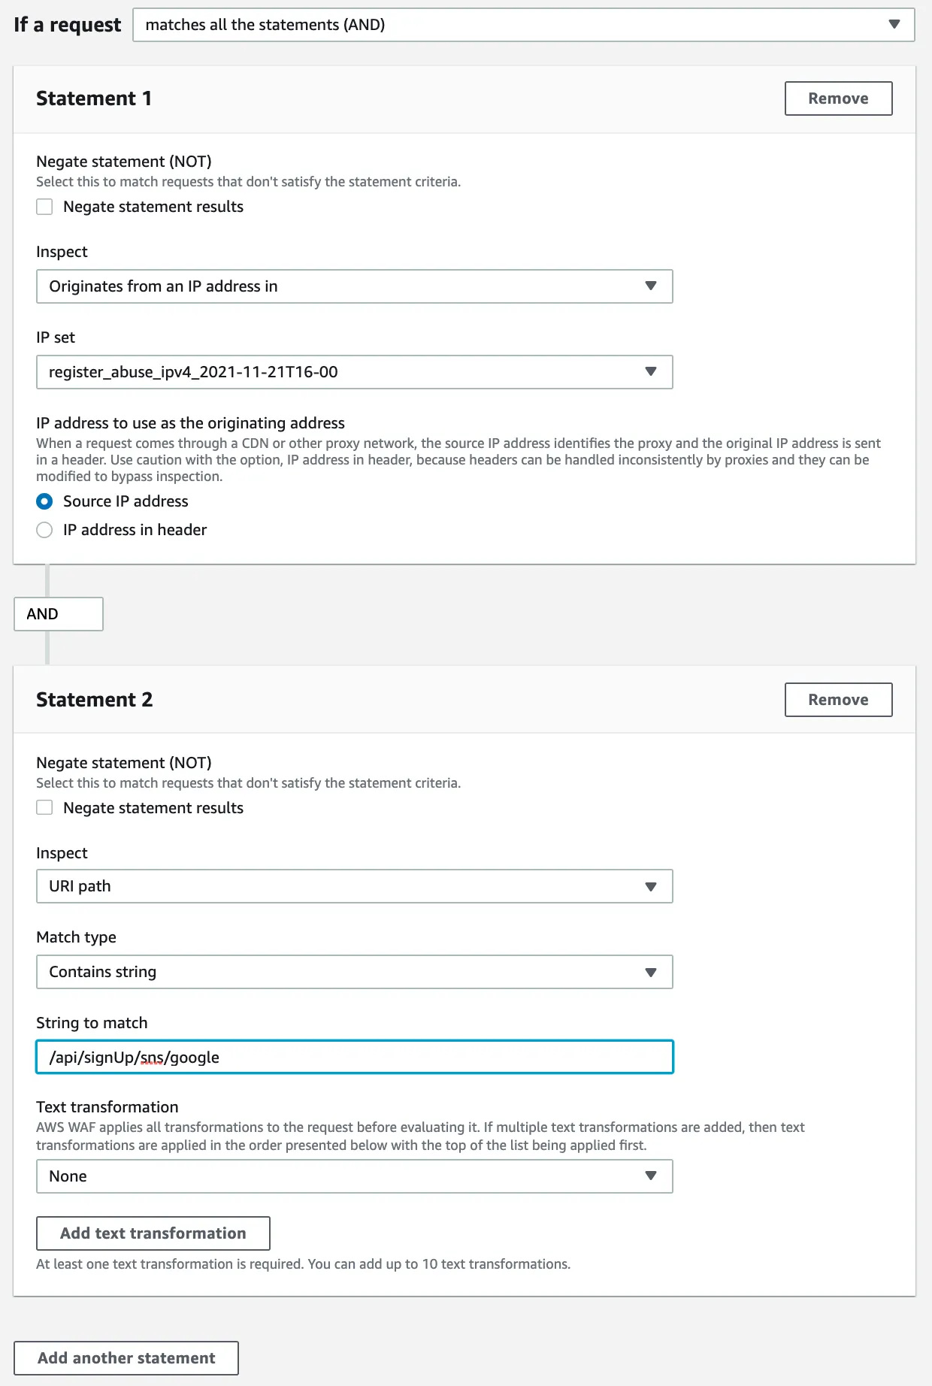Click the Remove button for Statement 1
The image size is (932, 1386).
click(x=838, y=98)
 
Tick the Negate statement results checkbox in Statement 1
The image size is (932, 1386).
click(x=45, y=207)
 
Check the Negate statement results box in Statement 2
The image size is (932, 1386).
click(x=45, y=808)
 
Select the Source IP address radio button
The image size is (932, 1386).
click(x=45, y=501)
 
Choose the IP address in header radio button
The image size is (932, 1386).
click(x=45, y=530)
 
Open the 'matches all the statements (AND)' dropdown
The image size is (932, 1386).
click(x=523, y=25)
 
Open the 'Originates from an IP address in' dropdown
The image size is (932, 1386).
click(x=354, y=286)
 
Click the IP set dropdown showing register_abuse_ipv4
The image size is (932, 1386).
click(x=354, y=372)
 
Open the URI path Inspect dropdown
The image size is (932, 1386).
click(x=354, y=886)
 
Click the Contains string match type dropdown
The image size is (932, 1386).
click(x=354, y=972)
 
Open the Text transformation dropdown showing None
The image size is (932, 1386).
click(x=354, y=1176)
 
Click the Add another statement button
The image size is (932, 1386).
click(x=126, y=1358)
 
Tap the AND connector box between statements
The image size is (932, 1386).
click(x=58, y=614)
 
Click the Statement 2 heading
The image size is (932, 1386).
click(x=94, y=700)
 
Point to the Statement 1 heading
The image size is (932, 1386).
click(x=94, y=98)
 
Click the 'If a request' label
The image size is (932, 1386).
click(x=67, y=25)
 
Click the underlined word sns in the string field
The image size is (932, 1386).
click(x=152, y=1058)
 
